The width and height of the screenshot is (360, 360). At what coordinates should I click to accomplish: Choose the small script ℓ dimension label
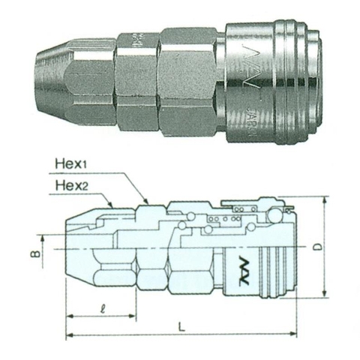point(100,308)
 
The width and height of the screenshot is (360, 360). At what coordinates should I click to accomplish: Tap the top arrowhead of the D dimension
point(325,201)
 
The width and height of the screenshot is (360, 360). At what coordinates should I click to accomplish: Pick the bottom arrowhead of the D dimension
point(325,295)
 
